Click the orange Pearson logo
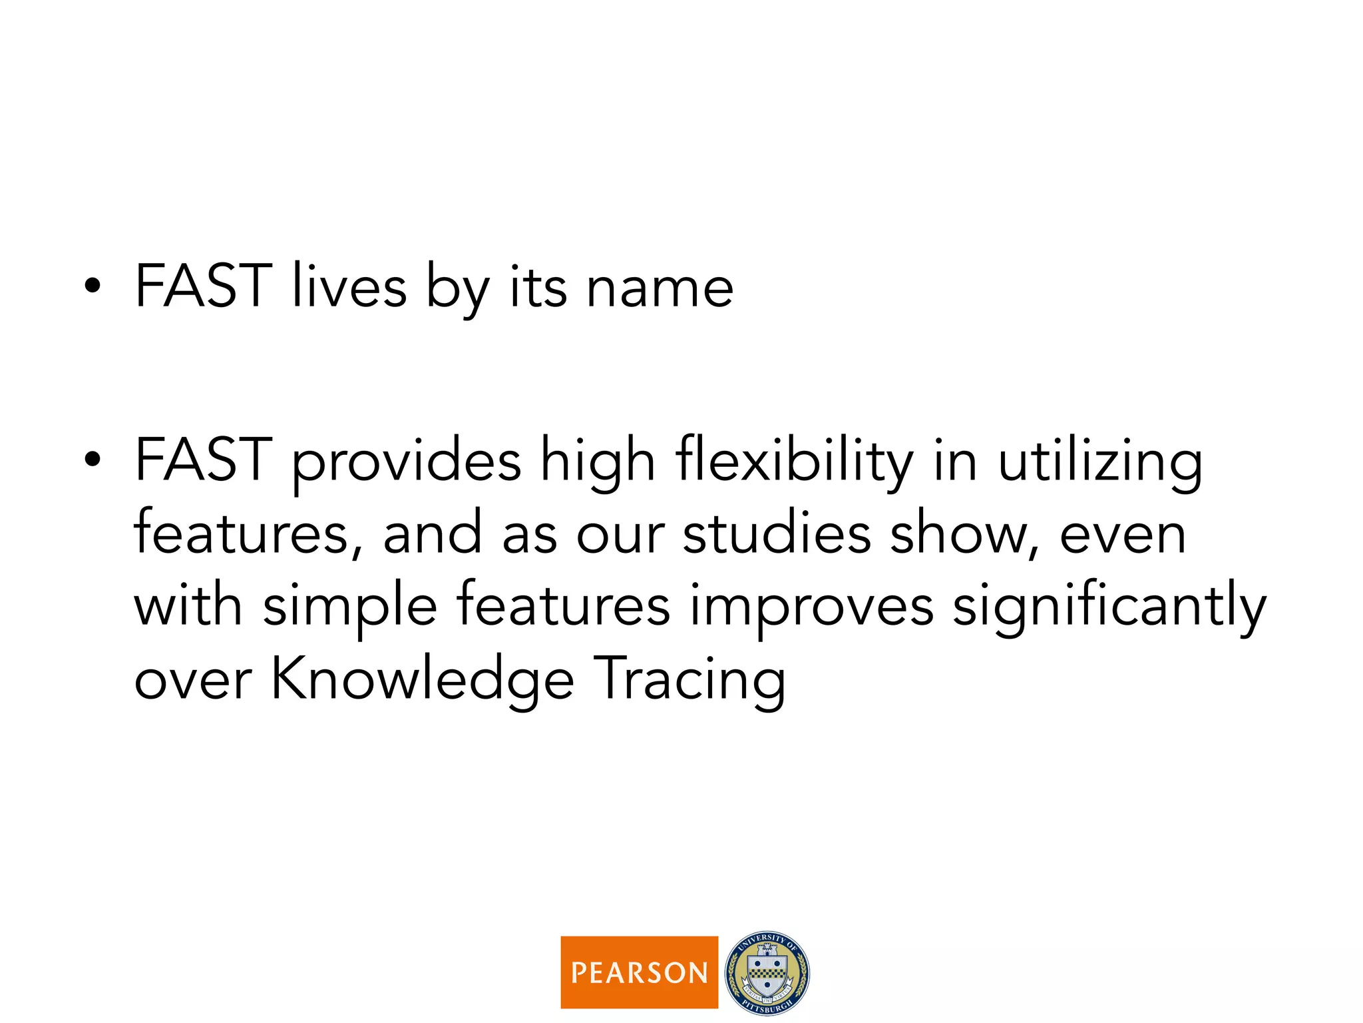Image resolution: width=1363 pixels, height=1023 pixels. point(639,972)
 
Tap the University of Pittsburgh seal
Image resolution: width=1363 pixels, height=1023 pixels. point(767,973)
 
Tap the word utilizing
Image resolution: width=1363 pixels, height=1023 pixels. point(1100,461)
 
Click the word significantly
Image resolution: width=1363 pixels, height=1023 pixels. point(1109,607)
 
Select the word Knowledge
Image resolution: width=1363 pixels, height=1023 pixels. point(423,679)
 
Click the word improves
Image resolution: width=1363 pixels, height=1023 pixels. point(812,607)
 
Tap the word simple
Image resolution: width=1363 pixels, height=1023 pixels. point(350,607)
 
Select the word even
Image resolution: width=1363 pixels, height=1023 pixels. point(1123,535)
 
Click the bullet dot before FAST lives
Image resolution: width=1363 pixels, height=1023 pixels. point(93,286)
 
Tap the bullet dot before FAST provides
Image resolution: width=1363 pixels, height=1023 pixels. point(93,460)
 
